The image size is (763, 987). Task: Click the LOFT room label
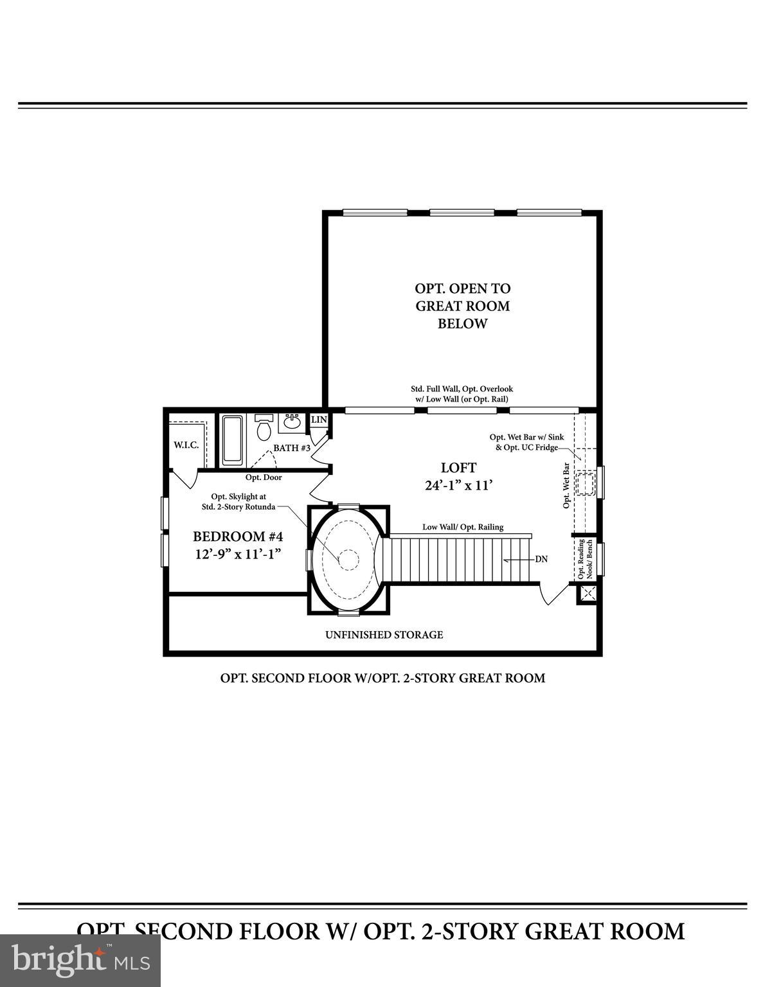(458, 468)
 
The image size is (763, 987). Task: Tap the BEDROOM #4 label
(238, 537)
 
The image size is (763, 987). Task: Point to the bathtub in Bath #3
(233, 440)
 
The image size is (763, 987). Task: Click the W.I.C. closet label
(186, 445)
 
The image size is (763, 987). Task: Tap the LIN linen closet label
(319, 420)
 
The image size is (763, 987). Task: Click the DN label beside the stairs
(541, 559)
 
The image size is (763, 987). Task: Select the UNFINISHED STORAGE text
(384, 635)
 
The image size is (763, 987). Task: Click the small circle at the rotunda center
(348, 560)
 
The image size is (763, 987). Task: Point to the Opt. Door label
(264, 477)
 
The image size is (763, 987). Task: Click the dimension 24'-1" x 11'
(458, 485)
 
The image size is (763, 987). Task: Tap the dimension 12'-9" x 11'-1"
(238, 554)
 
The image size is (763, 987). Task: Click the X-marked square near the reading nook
(586, 594)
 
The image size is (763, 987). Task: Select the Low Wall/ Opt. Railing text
(463, 527)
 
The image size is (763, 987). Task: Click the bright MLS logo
(80, 960)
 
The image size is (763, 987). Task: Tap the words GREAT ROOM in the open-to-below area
(462, 306)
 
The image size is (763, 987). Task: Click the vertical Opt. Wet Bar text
(566, 485)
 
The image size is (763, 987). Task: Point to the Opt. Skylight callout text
(238, 501)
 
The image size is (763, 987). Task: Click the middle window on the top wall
(462, 212)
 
